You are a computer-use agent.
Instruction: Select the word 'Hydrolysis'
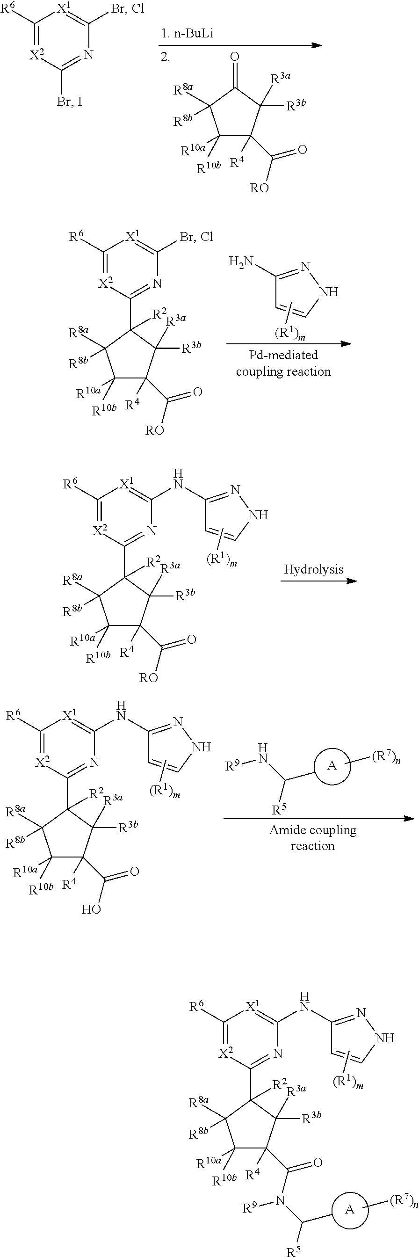314,569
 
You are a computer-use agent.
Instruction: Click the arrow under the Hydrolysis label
318,581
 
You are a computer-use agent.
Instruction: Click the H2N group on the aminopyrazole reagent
241,262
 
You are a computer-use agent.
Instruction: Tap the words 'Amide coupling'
313,829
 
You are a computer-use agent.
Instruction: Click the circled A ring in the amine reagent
332,766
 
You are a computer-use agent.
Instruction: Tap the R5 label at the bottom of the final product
293,1250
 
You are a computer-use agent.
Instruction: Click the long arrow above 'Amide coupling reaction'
318,818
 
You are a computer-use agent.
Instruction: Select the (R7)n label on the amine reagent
387,758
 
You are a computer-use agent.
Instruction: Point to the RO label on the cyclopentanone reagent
260,188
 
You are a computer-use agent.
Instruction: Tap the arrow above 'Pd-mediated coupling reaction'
289,343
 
